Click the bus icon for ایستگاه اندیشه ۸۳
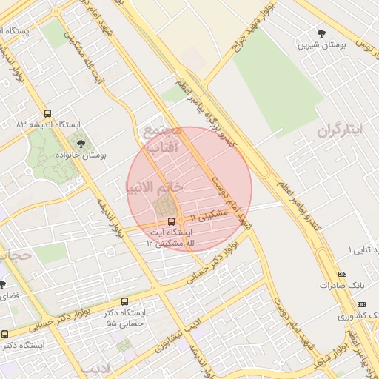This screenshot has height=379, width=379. click(48, 114)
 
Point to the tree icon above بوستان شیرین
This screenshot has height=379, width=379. click(321, 33)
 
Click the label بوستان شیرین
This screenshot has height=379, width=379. click(321, 45)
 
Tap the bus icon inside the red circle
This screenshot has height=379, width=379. click(172, 221)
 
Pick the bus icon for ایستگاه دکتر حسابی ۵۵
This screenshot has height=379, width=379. click(124, 302)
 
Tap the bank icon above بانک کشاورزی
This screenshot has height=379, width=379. click(361, 304)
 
